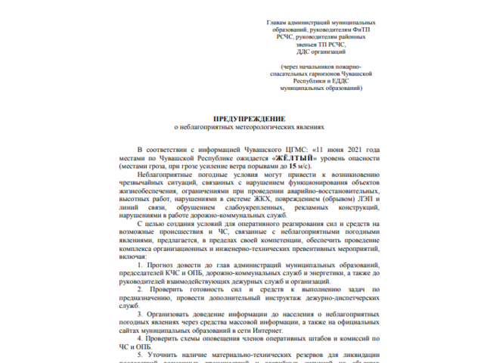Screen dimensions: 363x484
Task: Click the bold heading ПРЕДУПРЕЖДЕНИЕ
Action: [x=248, y=119]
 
